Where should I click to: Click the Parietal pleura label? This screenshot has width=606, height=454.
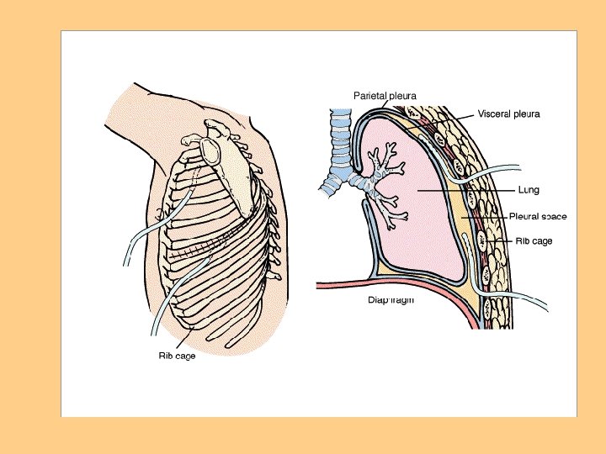[385, 96]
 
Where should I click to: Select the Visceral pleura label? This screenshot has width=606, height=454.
[508, 113]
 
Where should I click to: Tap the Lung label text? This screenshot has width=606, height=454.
[529, 190]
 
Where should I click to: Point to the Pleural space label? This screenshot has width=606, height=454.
[538, 216]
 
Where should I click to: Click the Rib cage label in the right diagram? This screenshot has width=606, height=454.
[534, 241]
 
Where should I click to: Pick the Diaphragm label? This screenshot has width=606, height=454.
[391, 298]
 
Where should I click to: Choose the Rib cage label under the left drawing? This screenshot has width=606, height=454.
[178, 356]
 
